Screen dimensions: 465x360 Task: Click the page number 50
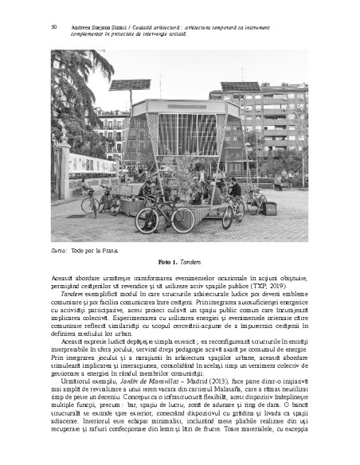click(x=53, y=26)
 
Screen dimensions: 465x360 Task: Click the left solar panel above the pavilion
click(x=130, y=84)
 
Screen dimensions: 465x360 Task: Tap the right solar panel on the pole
click(x=240, y=87)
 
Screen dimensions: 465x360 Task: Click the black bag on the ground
click(x=271, y=208)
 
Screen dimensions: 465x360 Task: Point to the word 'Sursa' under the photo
click(x=59, y=250)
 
